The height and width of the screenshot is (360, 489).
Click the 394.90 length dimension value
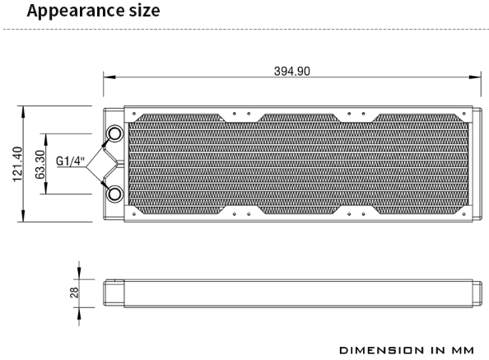(x=292, y=72)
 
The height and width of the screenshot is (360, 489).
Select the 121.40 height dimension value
(x=17, y=164)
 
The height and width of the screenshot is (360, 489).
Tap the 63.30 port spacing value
(x=40, y=165)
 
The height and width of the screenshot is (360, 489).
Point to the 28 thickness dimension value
(x=74, y=292)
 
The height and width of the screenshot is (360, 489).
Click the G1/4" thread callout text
(x=70, y=161)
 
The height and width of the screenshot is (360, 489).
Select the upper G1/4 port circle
(x=114, y=133)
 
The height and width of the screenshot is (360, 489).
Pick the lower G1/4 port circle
(x=114, y=194)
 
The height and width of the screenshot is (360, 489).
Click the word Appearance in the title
(x=76, y=12)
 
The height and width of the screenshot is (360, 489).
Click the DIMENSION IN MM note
(x=407, y=350)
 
